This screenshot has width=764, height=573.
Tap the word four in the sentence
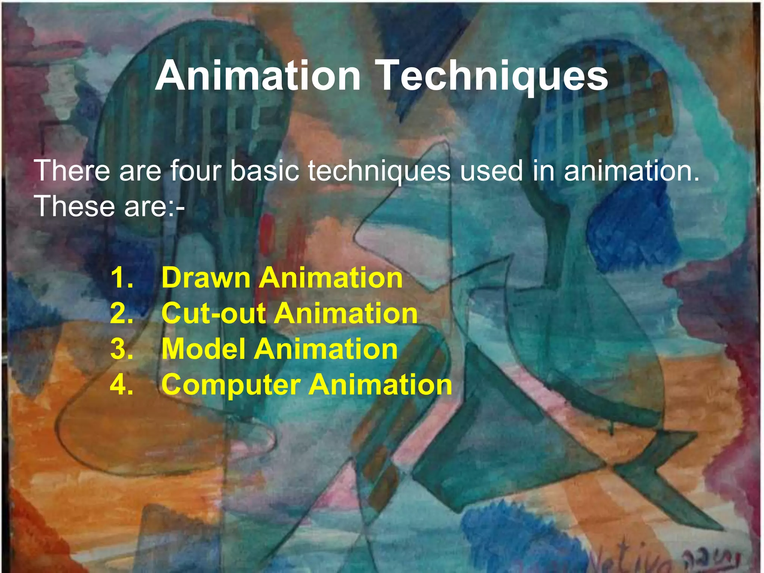point(195,171)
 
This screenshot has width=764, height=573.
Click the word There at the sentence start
point(72,171)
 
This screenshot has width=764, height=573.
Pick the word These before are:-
point(75,206)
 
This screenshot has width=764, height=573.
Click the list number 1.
point(122,278)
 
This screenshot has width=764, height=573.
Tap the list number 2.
point(122,313)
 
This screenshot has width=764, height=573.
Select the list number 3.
point(122,349)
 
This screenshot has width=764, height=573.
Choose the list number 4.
point(122,384)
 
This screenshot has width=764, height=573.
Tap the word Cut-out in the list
point(213,313)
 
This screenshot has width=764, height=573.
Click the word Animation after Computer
point(381,384)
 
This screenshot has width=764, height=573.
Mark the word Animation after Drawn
point(331,278)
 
